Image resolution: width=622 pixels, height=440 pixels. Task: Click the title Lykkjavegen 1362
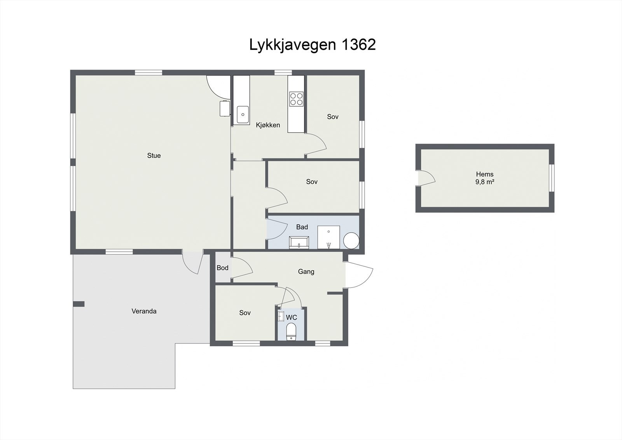[x=312, y=45]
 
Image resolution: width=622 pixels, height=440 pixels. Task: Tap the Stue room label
[x=154, y=156]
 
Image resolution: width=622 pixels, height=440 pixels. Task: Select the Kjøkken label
[x=268, y=125]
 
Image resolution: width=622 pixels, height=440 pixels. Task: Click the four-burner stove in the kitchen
[x=296, y=99]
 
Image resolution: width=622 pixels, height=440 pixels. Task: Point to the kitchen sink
[x=243, y=114]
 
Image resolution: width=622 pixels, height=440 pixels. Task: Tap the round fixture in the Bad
[x=351, y=240]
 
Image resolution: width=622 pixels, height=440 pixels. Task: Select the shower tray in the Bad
[x=328, y=237]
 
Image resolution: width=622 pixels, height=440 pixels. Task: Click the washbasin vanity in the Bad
[x=299, y=243]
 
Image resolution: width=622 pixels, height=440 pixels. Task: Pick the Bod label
[x=222, y=268]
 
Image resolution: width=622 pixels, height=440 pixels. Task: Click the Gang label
[x=306, y=272]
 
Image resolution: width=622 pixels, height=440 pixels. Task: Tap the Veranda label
[x=144, y=311]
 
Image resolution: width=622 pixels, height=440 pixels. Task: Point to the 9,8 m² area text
[x=484, y=182]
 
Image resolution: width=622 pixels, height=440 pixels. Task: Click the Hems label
[x=484, y=174]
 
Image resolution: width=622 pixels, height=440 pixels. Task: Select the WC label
[x=292, y=317]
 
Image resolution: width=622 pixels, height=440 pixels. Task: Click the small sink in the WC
[x=281, y=317]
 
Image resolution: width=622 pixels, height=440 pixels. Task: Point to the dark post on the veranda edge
[x=79, y=304]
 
